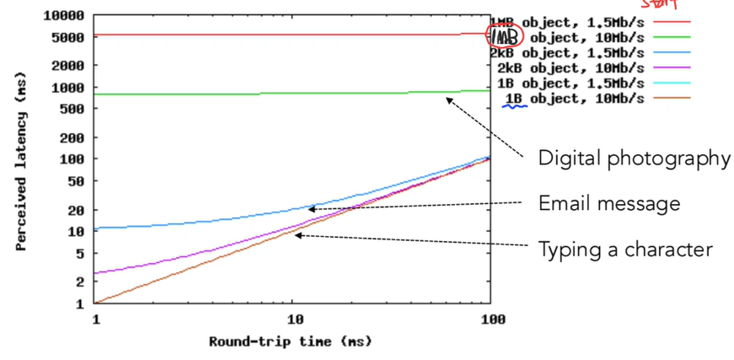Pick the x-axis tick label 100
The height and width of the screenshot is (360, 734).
click(492, 320)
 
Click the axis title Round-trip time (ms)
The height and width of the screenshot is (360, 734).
click(290, 341)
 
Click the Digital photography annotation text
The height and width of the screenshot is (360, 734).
click(635, 159)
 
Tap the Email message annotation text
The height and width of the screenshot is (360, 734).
click(609, 203)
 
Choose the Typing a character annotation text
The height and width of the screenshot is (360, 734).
click(625, 250)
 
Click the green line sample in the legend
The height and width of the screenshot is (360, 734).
click(670, 37)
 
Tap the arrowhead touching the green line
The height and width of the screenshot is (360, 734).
click(448, 99)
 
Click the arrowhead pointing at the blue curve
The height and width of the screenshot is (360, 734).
click(310, 208)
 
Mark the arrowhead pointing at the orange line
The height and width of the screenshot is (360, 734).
click(297, 235)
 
